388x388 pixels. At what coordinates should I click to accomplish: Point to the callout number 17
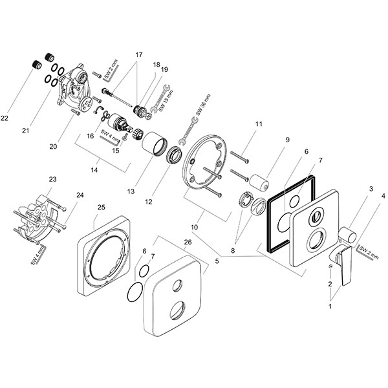[x=138, y=56]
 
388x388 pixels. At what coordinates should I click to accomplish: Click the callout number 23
[x=53, y=179]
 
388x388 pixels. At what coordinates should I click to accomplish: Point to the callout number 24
[x=80, y=195]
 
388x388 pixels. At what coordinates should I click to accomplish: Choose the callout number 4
[x=383, y=195]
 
